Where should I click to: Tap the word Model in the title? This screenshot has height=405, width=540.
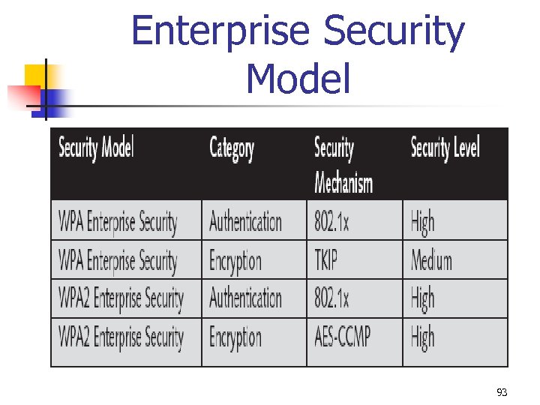click(298, 78)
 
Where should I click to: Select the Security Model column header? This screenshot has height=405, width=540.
click(96, 148)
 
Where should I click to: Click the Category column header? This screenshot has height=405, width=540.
click(231, 148)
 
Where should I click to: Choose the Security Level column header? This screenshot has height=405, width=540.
click(445, 148)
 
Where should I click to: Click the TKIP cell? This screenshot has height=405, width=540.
click(326, 260)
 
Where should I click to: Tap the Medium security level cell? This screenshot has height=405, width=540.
click(431, 260)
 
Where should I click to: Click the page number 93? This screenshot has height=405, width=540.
click(502, 392)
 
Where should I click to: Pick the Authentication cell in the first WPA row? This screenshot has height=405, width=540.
click(245, 222)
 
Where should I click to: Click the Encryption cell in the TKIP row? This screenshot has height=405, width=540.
click(235, 261)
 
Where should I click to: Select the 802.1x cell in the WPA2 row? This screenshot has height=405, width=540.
click(331, 299)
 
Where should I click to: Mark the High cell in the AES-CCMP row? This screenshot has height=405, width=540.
click(422, 338)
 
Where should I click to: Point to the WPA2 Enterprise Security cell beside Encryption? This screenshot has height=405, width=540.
click(121, 338)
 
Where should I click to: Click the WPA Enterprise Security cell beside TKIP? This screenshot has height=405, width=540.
click(118, 261)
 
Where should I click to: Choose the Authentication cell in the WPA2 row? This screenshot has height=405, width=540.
click(245, 299)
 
